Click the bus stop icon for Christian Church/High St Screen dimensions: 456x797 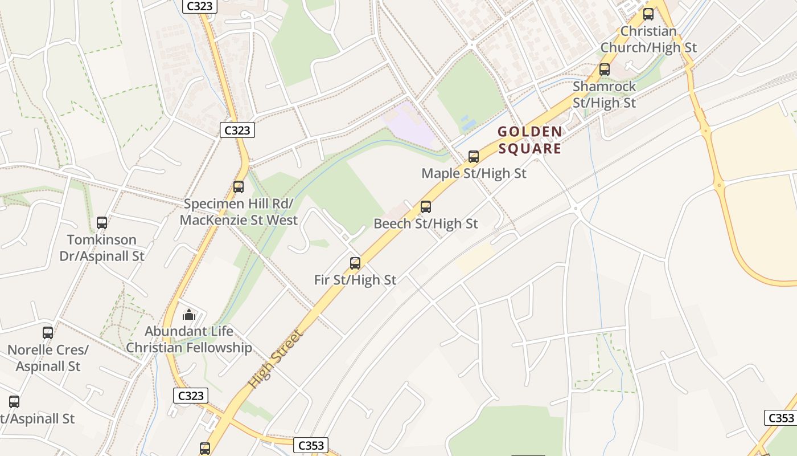click(x=648, y=14)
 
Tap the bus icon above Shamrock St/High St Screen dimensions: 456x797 click(x=605, y=70)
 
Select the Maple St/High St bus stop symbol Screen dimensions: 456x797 click(x=474, y=156)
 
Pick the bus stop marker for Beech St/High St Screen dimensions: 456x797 click(x=426, y=207)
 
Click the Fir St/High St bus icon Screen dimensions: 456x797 click(x=355, y=263)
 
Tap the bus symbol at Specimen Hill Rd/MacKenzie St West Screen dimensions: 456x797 click(x=239, y=186)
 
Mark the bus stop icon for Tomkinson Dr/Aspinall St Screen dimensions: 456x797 click(x=102, y=222)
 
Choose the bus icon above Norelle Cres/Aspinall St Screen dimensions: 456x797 click(x=48, y=332)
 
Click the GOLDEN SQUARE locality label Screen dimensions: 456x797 click(x=529, y=140)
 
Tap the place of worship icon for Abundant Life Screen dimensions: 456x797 click(x=189, y=315)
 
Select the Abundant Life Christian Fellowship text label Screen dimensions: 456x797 click(x=189, y=339)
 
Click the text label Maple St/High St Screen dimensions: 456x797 click(x=474, y=173)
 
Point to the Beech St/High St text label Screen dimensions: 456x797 click(x=426, y=224)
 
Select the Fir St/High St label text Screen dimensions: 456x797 click(x=355, y=280)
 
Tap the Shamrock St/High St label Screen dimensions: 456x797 click(x=605, y=95)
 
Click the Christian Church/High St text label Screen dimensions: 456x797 click(x=648, y=39)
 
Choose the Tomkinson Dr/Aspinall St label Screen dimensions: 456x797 click(x=102, y=247)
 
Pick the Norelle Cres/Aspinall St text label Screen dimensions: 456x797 click(x=48, y=357)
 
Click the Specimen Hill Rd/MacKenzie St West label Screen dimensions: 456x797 click(x=239, y=211)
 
